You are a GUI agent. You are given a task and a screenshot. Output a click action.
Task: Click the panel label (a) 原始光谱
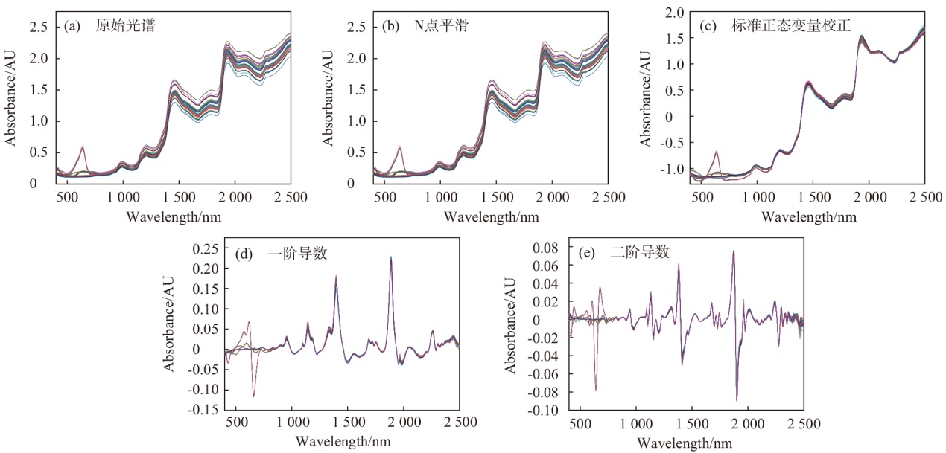pyautogui.click(x=109, y=26)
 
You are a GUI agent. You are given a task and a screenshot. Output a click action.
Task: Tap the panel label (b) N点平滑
pyautogui.click(x=425, y=26)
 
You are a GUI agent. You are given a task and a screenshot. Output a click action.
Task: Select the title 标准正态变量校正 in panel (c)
pyautogui.click(x=775, y=26)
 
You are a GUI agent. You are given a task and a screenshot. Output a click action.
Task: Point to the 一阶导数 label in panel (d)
pyautogui.click(x=281, y=254)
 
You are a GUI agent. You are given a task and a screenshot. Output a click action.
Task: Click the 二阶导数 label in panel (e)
pyautogui.click(x=623, y=252)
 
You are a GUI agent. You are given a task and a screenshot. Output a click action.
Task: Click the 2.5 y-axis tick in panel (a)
pyautogui.click(x=39, y=27)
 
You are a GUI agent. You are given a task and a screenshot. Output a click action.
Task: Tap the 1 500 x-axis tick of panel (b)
pyautogui.click(x=497, y=197)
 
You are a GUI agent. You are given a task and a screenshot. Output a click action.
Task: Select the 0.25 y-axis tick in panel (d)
pyautogui.click(x=206, y=248)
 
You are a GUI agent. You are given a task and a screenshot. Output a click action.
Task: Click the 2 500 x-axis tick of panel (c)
pyautogui.click(x=925, y=197)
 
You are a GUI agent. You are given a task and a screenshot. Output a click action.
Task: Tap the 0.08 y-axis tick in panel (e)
pyautogui.click(x=545, y=248)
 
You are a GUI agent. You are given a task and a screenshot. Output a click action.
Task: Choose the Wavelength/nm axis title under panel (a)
pyautogui.click(x=174, y=216)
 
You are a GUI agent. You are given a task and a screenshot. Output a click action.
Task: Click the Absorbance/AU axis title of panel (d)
pyautogui.click(x=168, y=324)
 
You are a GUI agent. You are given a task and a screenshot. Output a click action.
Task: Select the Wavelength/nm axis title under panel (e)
pyautogui.click(x=685, y=443)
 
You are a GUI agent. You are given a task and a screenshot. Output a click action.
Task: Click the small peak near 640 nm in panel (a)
pyautogui.click(x=83, y=147)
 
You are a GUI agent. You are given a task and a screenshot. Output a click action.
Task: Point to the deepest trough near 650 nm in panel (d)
pyautogui.click(x=254, y=396)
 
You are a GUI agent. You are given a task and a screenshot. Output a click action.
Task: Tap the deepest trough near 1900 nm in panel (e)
pyautogui.click(x=737, y=401)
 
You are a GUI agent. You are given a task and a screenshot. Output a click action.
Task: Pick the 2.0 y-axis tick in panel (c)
pyautogui.click(x=674, y=13)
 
